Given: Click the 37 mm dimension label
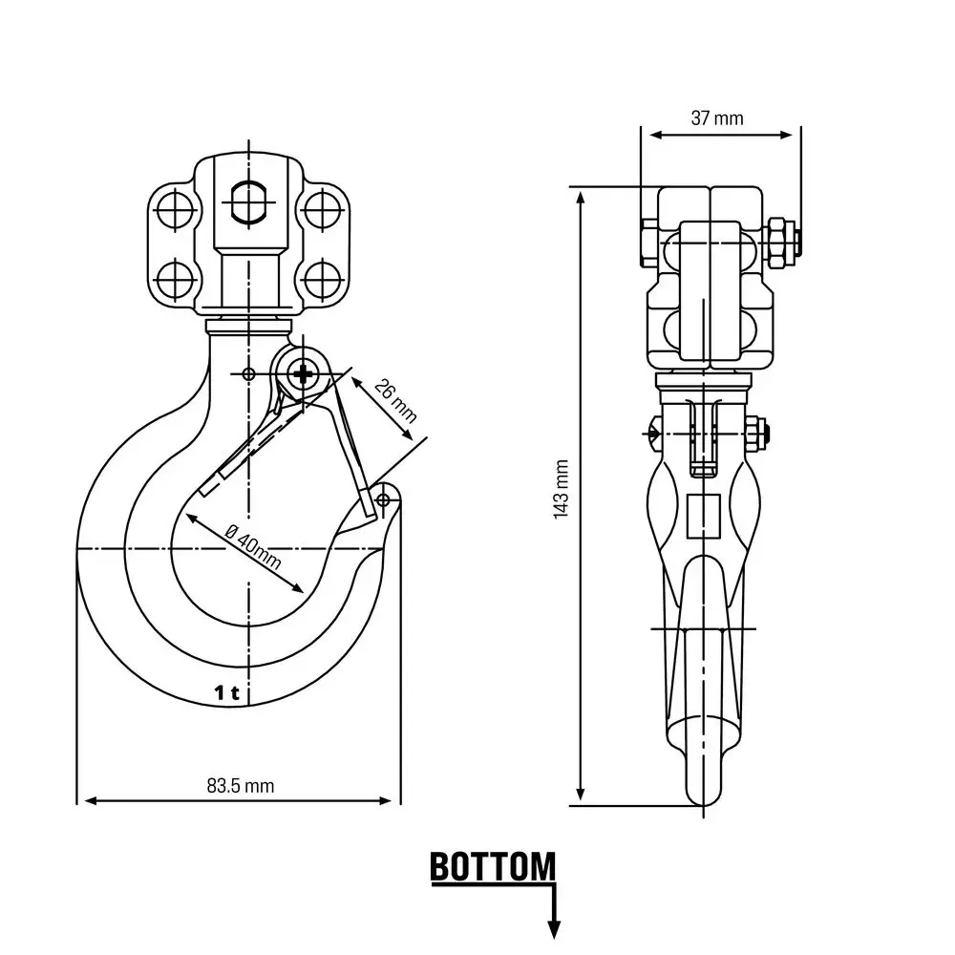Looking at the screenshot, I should coord(716,118).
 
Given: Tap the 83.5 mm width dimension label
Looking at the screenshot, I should coord(240,785).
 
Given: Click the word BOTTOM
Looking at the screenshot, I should coord(492,868).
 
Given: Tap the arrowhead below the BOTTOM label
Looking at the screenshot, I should coord(553,928).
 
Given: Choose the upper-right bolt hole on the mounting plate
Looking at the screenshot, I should coord(322,208).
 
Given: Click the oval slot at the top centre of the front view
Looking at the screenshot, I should coord(250,201).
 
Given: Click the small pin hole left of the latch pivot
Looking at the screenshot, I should coord(249,373).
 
